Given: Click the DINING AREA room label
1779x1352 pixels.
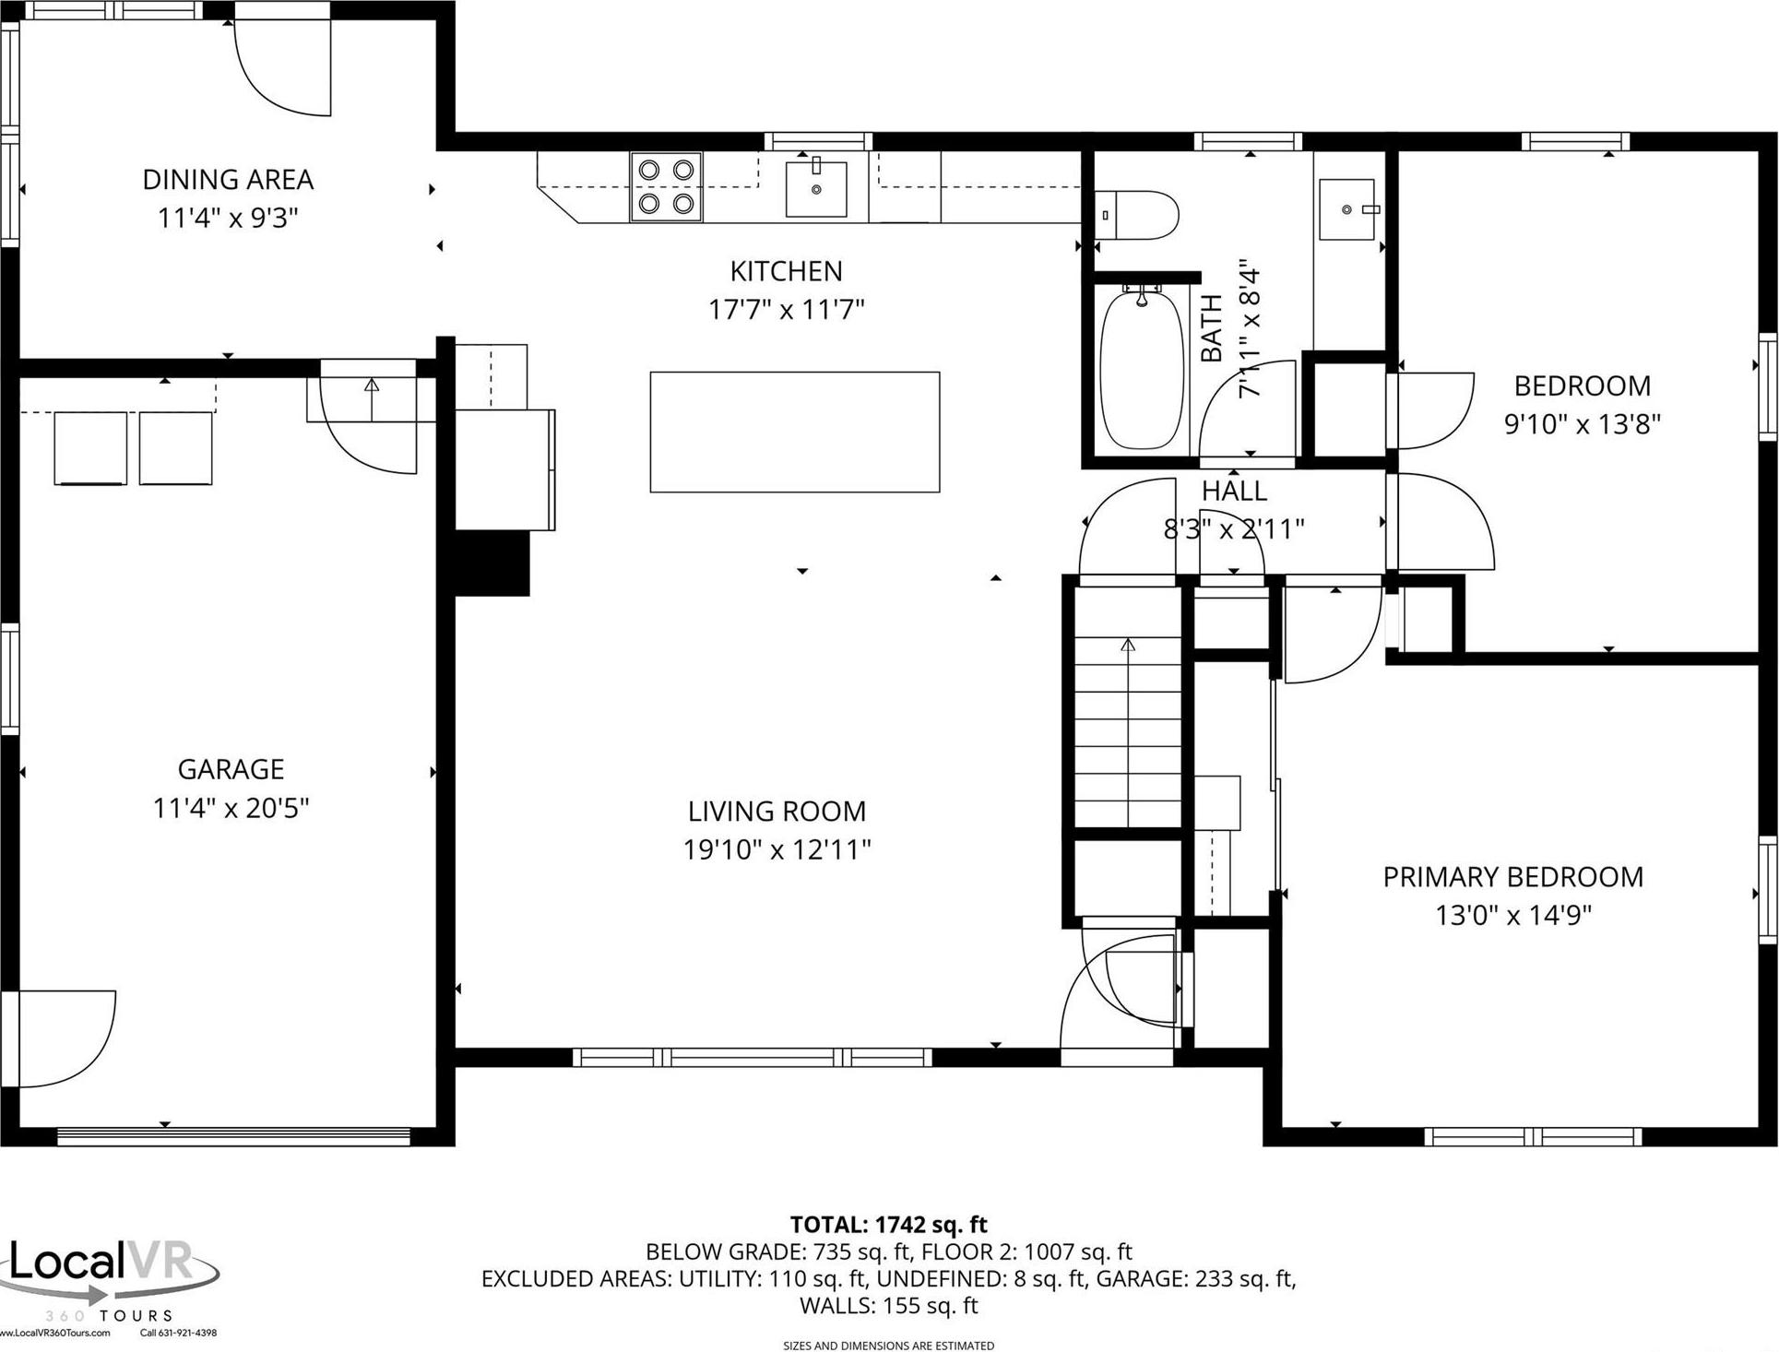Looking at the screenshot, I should coord(228,179).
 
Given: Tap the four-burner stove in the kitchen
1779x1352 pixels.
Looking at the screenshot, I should coord(666,187).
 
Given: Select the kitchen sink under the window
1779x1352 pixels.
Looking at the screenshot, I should coord(816,188).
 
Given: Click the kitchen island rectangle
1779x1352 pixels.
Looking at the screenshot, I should coord(794,432).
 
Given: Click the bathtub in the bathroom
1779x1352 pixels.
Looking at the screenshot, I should coord(1142,371).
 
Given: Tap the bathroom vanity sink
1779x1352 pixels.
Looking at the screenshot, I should coord(1346,209).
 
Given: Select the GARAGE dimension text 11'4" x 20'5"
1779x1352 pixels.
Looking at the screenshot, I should coord(231,808).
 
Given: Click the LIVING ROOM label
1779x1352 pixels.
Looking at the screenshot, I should coord(777,811).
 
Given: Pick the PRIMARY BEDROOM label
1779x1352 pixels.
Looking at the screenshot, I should coord(1512,876).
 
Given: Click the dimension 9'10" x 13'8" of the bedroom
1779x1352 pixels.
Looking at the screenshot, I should coord(1582,424).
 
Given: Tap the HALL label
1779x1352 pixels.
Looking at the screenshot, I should coord(1234,491).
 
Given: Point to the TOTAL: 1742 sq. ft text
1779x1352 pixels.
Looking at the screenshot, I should coord(888,1225).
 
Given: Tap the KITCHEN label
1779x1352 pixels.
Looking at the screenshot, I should coord(786,270).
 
